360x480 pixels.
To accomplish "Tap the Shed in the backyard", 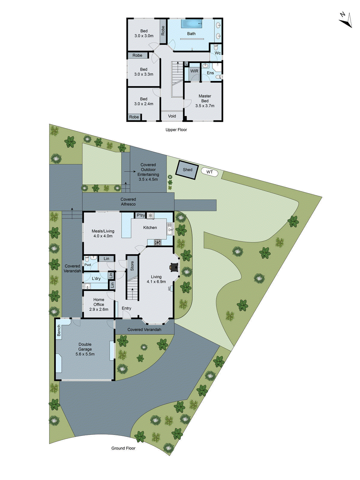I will tap(187, 170).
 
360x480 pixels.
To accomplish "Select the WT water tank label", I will tap(209, 172).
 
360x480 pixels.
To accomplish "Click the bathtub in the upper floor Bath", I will tap(191, 23).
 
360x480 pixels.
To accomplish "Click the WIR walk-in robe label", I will tap(194, 71).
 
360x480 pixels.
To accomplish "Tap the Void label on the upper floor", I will tap(172, 116).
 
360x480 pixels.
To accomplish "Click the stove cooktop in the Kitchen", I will tap(158, 242).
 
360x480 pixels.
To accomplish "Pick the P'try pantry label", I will tap(141, 215).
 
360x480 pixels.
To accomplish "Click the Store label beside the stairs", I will tap(132, 266).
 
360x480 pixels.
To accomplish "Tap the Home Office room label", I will tap(99, 302).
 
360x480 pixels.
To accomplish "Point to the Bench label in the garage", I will tap(59, 331).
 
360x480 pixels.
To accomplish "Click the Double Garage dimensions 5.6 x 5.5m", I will tap(85, 354).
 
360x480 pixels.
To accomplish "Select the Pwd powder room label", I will tap(88, 265).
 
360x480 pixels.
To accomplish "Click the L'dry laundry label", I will tap(96, 279).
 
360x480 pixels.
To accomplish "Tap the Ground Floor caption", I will tap(123, 448).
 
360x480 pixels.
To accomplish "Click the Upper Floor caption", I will tap(176, 130).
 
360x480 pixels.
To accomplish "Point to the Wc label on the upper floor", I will tap(217, 53).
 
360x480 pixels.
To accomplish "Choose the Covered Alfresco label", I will tap(128, 202).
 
